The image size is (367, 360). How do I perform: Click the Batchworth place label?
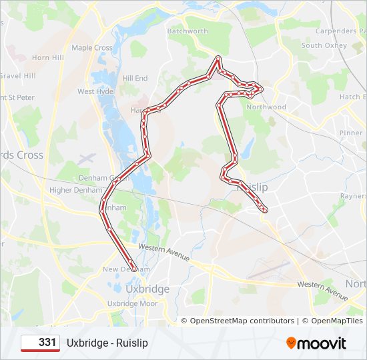[188, 31]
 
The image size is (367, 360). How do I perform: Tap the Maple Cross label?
[92, 48]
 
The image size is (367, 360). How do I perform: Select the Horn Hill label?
[47, 58]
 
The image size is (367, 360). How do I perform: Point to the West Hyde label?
[95, 91]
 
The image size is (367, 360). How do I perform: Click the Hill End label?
[135, 78]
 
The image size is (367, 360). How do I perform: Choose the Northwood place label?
[266, 107]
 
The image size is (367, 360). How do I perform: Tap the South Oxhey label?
[324, 46]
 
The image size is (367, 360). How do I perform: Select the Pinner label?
[351, 133]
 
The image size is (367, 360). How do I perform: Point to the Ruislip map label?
[252, 188]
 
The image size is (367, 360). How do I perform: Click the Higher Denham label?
[75, 190]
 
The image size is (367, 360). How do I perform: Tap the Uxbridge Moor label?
[131, 303]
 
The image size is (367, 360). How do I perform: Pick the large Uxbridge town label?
[147, 289]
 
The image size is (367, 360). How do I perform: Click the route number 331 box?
[40, 343]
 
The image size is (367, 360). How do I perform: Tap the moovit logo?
[316, 343]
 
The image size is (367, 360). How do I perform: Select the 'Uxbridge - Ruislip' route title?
[107, 343]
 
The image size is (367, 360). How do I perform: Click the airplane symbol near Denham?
[87, 159]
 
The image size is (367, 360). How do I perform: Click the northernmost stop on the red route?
[218, 58]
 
